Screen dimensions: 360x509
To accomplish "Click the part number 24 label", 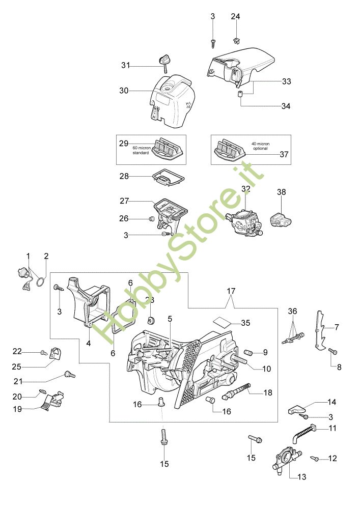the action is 235,16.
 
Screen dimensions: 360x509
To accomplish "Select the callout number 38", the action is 282,192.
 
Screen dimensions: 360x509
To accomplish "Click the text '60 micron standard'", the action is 141,150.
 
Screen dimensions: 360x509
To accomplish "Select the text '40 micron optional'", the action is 260,146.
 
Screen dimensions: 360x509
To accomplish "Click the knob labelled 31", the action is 163,63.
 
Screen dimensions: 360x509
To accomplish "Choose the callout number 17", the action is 231,291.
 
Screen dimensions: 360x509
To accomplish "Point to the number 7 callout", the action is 337,327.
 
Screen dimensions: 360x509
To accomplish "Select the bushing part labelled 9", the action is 250,352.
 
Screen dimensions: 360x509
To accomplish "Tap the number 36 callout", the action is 292,311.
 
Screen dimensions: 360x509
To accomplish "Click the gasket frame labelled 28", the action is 169,177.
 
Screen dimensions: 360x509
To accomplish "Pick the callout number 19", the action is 17,409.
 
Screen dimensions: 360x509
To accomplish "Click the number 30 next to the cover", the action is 124,91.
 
